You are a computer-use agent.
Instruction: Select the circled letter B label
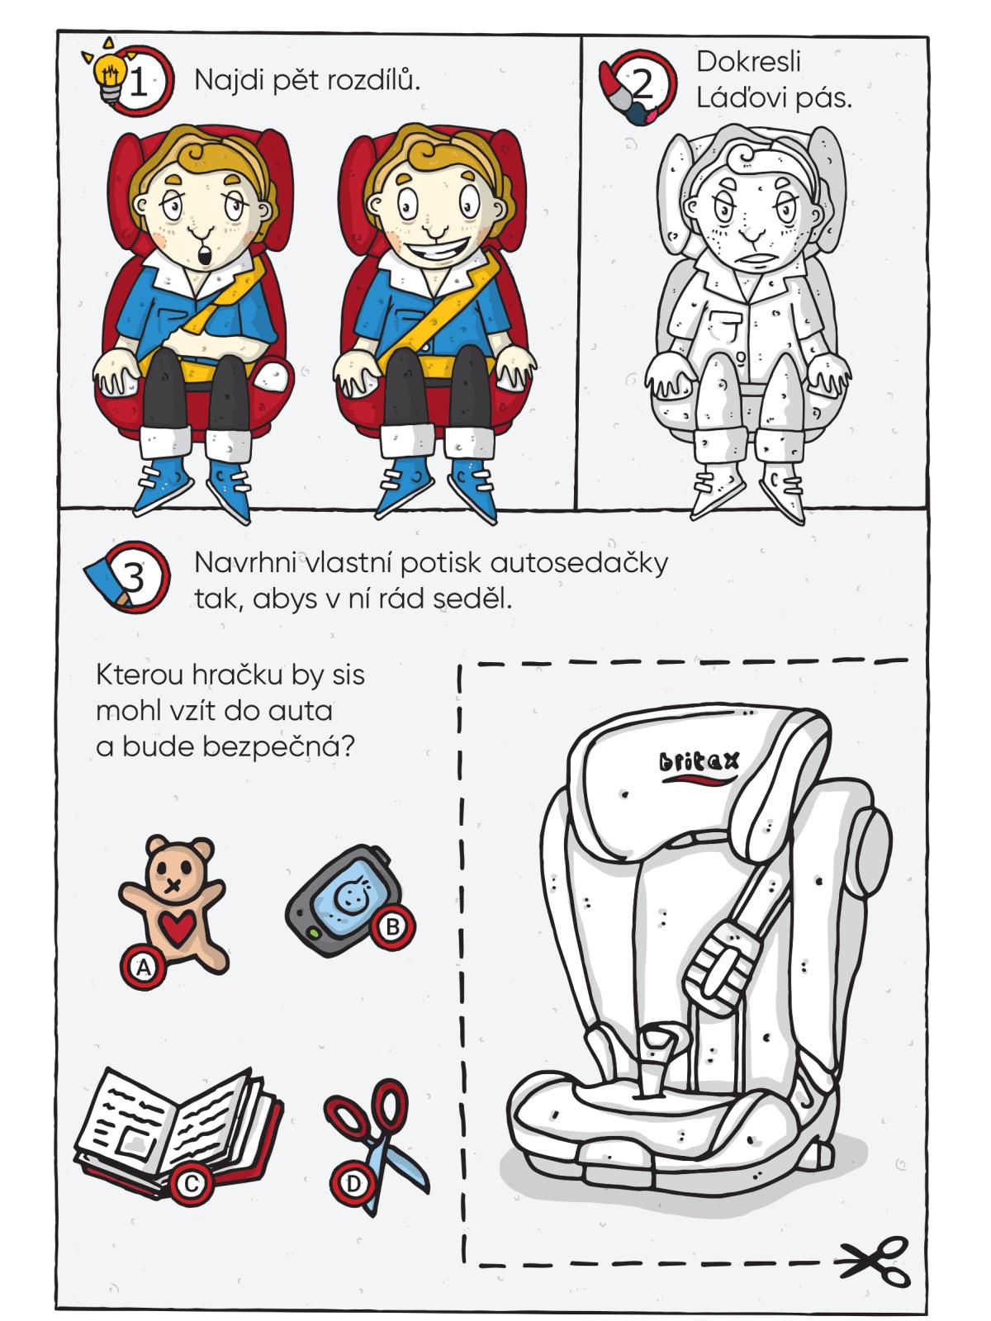(392, 927)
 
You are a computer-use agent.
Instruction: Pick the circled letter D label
(352, 1185)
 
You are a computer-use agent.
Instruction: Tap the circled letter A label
(143, 968)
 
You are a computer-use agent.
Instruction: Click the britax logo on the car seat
(699, 765)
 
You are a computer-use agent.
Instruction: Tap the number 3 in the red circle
(134, 576)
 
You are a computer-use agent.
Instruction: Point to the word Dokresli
(748, 61)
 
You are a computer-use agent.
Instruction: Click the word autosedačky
(579, 564)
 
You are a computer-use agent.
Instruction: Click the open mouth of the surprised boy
(204, 255)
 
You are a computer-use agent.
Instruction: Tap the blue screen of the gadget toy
(349, 898)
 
